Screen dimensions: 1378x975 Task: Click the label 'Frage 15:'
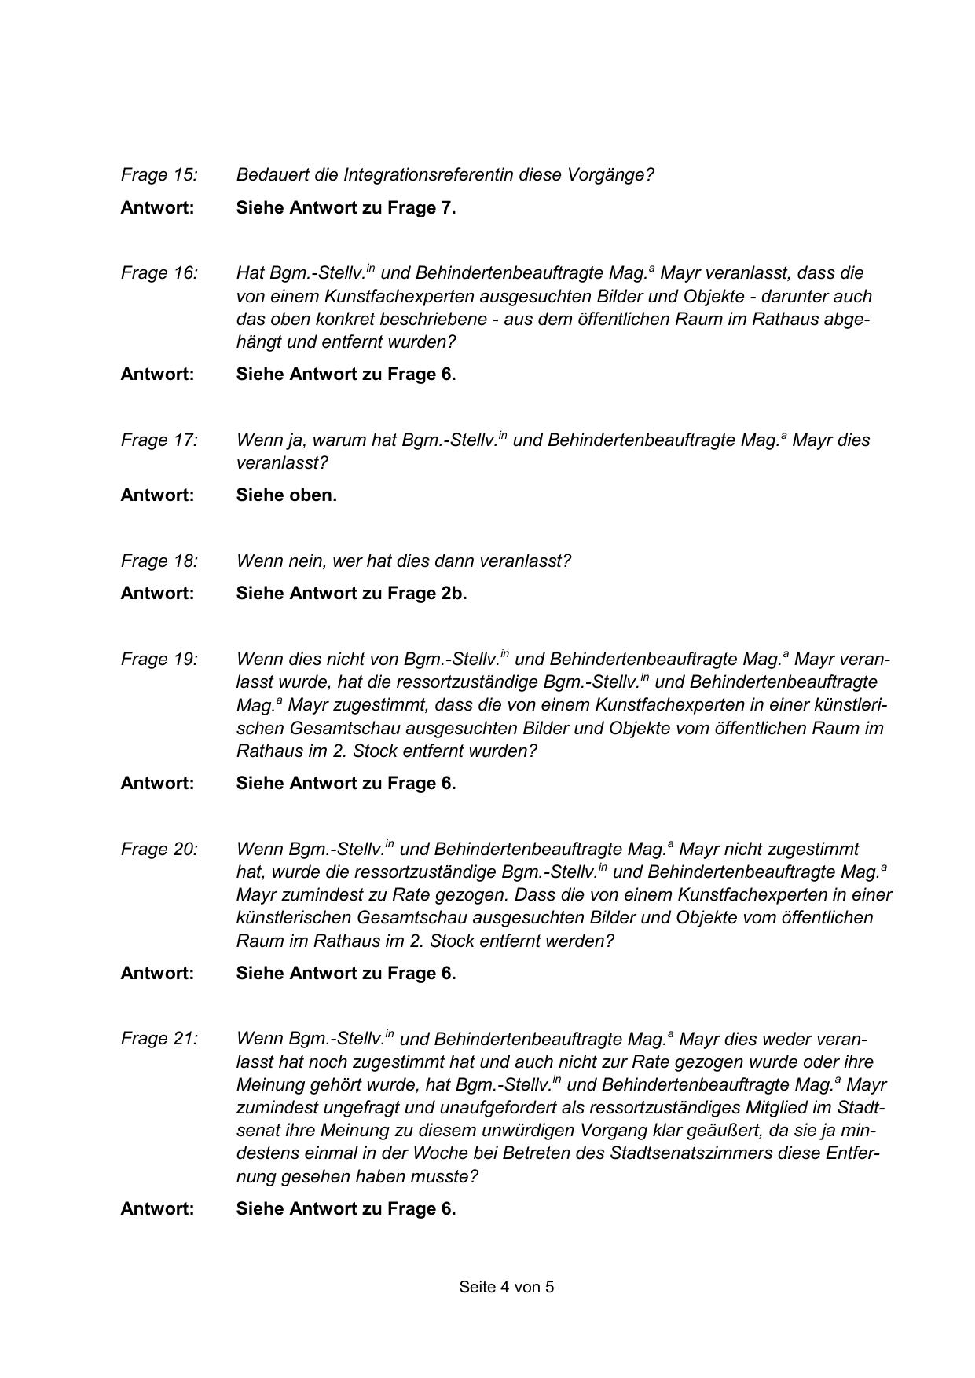159,174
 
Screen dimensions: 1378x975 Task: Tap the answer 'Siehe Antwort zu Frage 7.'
346,207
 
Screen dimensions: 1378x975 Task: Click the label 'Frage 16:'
159,272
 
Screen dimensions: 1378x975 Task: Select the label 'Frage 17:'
159,440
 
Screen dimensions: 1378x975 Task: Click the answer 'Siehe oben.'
286,495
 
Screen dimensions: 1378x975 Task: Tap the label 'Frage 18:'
159,561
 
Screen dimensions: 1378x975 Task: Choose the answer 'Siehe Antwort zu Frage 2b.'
351,593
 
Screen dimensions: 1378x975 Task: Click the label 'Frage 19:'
159,659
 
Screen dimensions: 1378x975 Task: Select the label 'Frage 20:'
159,849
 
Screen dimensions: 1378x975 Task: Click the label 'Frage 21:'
159,1039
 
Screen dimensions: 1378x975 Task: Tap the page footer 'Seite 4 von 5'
507,1287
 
